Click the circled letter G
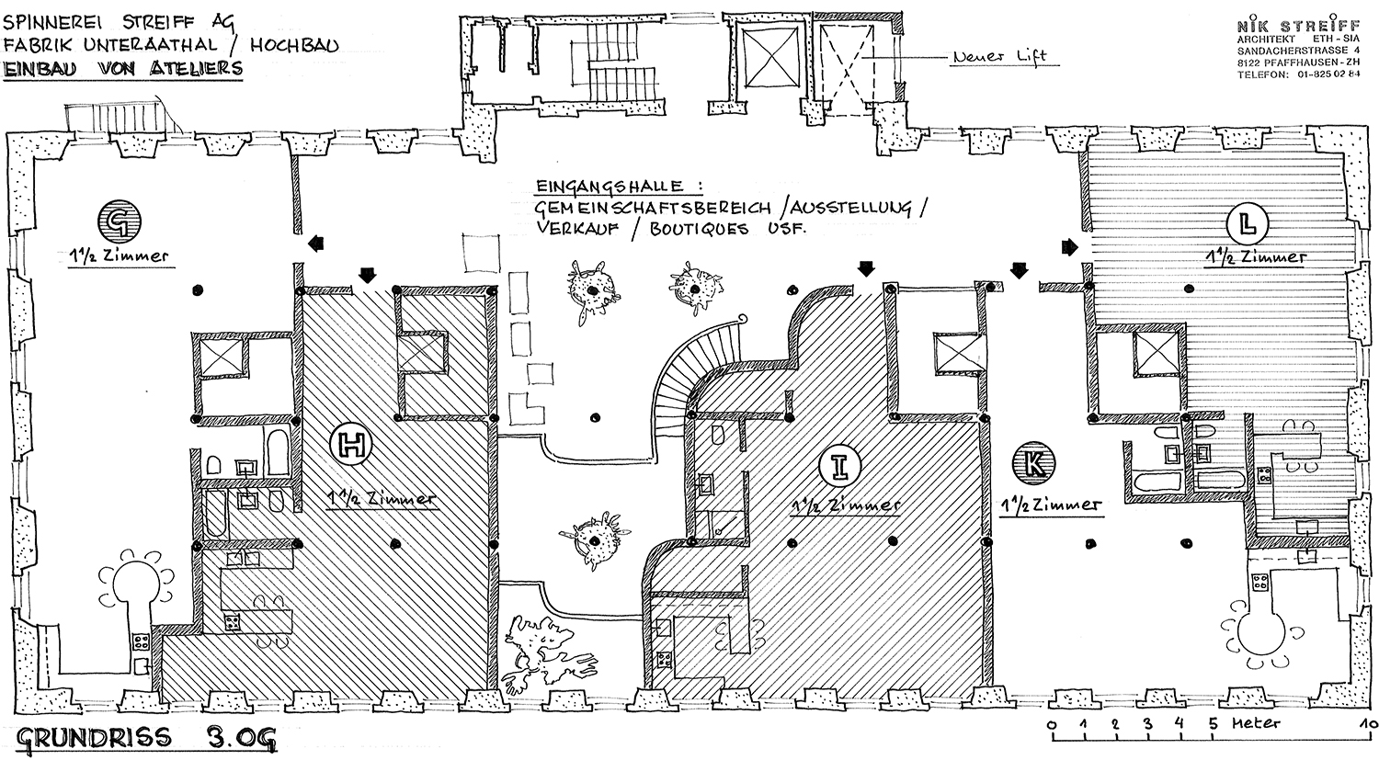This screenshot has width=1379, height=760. [119, 221]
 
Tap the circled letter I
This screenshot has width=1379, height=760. [840, 467]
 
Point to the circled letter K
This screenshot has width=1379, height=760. [1033, 463]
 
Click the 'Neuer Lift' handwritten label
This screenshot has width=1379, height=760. [1000, 57]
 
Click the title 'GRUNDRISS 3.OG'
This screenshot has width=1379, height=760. [145, 738]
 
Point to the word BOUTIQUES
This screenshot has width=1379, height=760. [700, 229]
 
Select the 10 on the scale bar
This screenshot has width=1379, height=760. [1369, 725]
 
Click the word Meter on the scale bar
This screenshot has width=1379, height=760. [1256, 722]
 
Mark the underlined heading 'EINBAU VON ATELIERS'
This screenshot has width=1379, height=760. [123, 68]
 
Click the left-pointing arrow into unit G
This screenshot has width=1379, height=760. [316, 244]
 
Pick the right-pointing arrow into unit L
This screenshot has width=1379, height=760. [1070, 247]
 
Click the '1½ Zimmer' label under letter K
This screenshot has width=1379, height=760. [1050, 505]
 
